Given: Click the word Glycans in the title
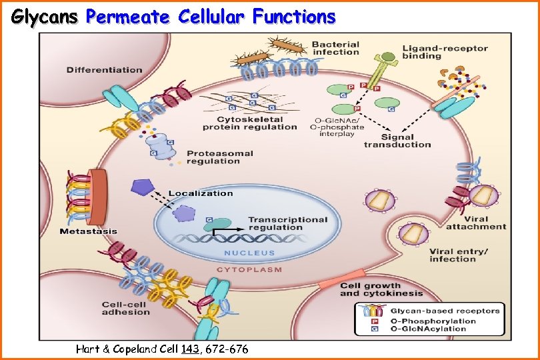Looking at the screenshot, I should tap(45, 17).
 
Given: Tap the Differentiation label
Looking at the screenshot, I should tap(104, 69).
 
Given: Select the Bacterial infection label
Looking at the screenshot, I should tap(336, 48).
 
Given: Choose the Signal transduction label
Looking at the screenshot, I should tap(397, 140).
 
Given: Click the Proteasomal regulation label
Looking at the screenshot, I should tap(220, 157).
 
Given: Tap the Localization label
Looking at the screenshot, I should tap(201, 193).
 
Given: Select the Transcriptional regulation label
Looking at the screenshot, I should tap(288, 224).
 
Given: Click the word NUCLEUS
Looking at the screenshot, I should tap(249, 253).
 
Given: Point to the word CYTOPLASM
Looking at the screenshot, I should tap(249, 270).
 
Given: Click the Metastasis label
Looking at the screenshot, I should tap(88, 231).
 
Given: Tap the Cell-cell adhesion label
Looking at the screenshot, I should tap(126, 309).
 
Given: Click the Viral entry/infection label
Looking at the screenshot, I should tap(459, 255).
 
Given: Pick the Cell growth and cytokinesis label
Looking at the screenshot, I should tap(381, 289).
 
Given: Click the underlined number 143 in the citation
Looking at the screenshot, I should tap(189, 348).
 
